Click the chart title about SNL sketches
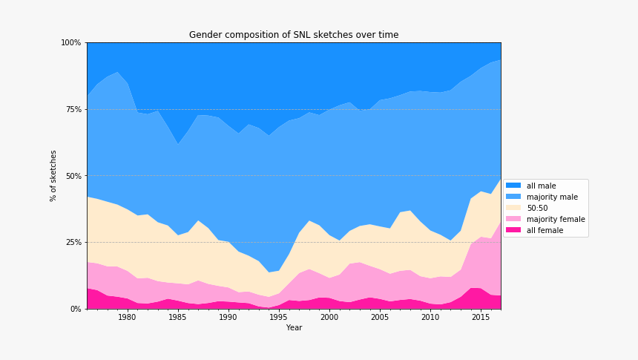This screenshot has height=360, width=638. [294, 35]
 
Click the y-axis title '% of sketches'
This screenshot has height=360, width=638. [53, 176]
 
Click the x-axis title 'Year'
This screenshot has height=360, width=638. [294, 327]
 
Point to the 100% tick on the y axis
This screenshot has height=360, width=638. [71, 43]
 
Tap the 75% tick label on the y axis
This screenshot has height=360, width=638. [73, 109]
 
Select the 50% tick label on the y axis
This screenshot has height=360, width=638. [73, 176]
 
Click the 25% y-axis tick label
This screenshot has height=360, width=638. [73, 243]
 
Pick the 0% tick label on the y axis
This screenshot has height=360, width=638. [75, 309]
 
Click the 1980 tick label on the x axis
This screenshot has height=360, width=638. [127, 318]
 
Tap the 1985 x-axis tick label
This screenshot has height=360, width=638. [177, 318]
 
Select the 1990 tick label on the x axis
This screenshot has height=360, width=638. [228, 318]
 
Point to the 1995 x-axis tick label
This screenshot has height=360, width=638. [278, 318]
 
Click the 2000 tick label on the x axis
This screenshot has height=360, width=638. [329, 318]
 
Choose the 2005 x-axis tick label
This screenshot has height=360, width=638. [379, 318]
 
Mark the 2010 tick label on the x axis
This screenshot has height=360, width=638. [430, 318]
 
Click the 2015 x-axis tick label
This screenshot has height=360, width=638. [480, 318]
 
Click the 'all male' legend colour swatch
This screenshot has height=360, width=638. [513, 186]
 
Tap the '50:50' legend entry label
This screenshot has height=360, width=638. [537, 208]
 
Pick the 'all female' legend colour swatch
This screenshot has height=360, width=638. [513, 230]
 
